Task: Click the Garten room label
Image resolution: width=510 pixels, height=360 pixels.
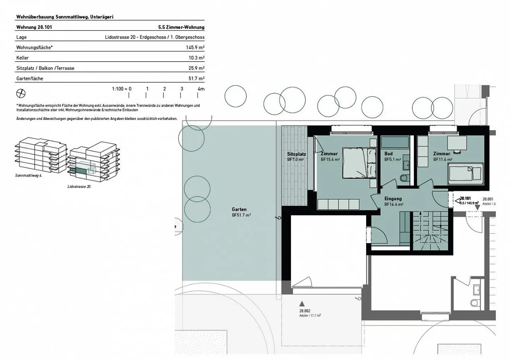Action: (x=239, y=210)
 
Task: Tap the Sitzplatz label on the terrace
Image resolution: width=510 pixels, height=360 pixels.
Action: (x=296, y=154)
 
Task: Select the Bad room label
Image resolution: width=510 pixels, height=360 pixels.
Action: (x=389, y=154)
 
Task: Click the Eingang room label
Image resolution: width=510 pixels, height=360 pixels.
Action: (x=393, y=199)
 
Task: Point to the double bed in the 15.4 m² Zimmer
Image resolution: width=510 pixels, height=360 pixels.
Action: (x=359, y=163)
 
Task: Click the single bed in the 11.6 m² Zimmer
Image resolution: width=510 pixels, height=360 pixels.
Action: (x=465, y=174)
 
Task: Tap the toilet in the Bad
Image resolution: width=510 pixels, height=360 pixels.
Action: (x=404, y=178)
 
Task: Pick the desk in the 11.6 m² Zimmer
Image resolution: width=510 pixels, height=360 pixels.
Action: (x=457, y=143)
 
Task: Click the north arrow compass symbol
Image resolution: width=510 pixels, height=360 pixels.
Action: (x=21, y=93)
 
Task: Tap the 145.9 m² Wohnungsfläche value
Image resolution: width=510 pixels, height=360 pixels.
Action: (x=195, y=47)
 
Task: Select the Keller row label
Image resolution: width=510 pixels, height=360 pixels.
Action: (x=22, y=58)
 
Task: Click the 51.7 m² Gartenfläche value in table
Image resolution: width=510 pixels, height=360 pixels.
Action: (x=196, y=79)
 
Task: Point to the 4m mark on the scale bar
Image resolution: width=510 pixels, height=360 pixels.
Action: (x=200, y=89)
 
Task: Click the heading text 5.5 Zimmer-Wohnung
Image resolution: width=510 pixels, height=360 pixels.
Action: (x=181, y=27)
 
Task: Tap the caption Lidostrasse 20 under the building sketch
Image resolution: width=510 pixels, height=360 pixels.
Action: (x=79, y=187)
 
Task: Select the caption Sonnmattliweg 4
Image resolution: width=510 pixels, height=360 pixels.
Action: (x=29, y=176)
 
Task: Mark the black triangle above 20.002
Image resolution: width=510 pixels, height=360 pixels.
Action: (x=302, y=304)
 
